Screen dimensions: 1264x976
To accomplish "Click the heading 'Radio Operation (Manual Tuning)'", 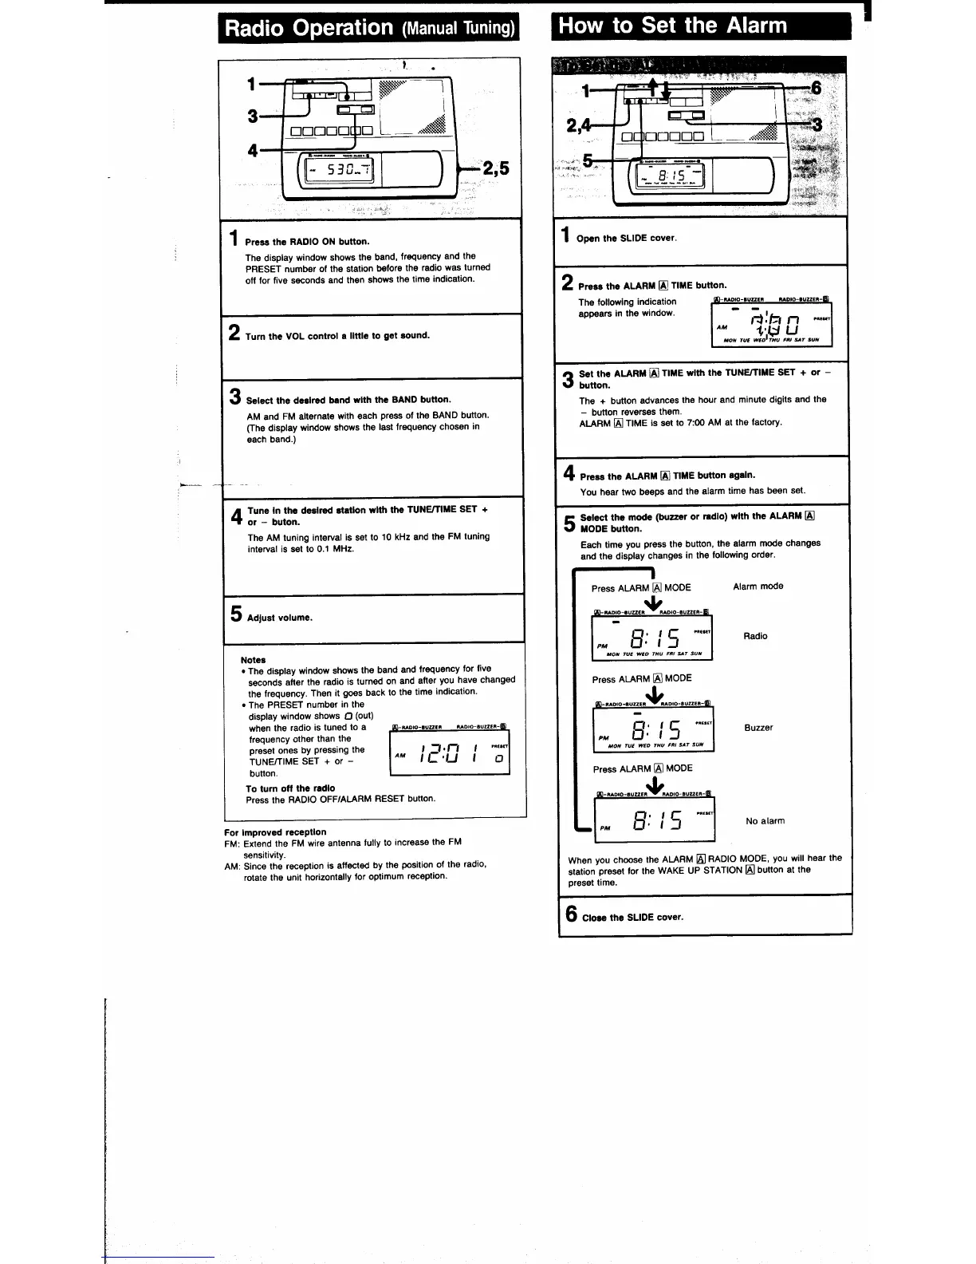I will [369, 28].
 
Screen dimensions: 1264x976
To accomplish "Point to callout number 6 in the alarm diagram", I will [815, 88].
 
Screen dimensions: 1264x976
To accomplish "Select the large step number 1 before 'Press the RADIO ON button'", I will [234, 238].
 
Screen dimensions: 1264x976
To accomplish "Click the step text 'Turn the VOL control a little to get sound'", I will [337, 336].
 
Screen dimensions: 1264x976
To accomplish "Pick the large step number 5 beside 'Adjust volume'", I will [236, 614].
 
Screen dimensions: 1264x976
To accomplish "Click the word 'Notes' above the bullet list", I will [253, 660].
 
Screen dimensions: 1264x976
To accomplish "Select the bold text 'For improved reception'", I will [275, 832].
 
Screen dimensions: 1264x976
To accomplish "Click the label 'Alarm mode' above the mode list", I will [758, 587].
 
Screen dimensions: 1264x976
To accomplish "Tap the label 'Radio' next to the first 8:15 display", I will [755, 636].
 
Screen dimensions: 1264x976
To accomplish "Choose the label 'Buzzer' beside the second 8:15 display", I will [758, 728].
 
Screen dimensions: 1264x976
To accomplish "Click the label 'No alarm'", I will [765, 821].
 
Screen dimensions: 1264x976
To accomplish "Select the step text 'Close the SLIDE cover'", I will [632, 918].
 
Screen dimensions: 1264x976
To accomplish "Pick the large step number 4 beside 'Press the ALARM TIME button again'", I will [569, 473].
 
